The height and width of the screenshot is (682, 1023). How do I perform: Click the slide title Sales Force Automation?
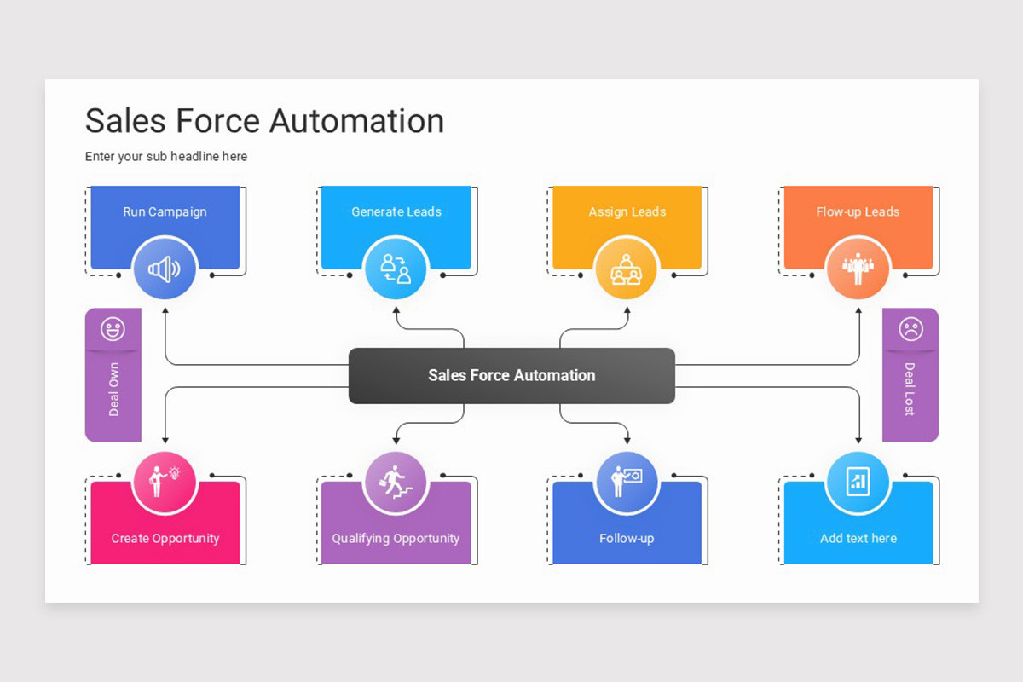[x=264, y=121]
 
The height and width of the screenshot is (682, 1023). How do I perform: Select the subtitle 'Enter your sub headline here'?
[x=166, y=157]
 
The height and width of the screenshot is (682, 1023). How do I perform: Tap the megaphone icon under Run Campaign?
[x=165, y=269]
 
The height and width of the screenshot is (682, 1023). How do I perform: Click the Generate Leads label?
[x=396, y=211]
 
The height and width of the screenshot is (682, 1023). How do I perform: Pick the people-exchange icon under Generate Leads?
[x=396, y=269]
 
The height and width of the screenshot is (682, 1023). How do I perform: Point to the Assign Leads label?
[x=627, y=211]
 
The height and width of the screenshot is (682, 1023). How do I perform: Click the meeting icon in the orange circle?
[x=627, y=269]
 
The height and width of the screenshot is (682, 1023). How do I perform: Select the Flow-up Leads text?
[x=858, y=211]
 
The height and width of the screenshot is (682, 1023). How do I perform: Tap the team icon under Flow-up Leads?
[x=858, y=269]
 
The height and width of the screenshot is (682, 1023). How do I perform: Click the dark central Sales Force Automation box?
[x=511, y=375]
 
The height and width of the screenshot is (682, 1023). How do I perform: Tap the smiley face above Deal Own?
[x=113, y=328]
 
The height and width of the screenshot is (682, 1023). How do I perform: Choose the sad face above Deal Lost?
[x=910, y=328]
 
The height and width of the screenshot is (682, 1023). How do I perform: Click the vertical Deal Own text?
[x=113, y=390]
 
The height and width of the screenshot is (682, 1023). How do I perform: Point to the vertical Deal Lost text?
[x=910, y=390]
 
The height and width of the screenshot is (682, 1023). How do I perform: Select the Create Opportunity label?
[x=165, y=538]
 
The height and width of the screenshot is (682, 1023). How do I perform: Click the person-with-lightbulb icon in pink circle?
[x=165, y=483]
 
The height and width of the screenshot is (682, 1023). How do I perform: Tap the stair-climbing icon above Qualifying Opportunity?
[x=396, y=483]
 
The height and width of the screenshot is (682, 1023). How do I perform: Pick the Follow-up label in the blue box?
[x=627, y=538]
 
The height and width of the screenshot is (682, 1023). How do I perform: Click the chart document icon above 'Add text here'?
[x=858, y=483]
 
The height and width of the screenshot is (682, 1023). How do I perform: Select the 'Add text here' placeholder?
[x=858, y=538]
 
